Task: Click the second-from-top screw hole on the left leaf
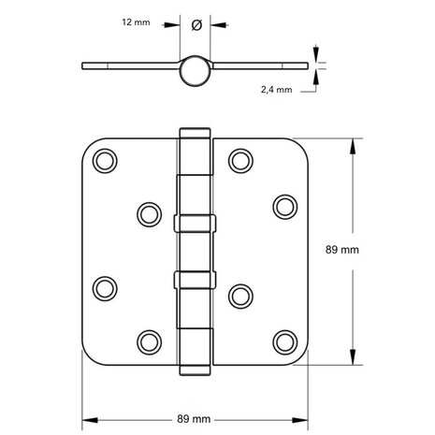[x=147, y=214]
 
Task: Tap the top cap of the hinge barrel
[x=195, y=132]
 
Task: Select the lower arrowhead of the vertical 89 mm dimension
[x=352, y=361]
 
